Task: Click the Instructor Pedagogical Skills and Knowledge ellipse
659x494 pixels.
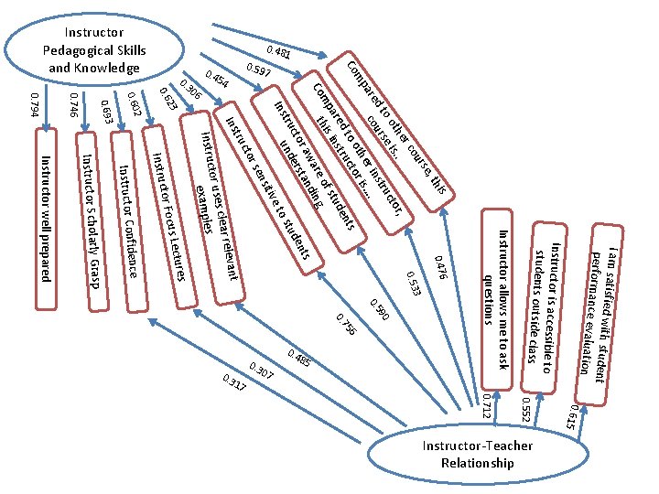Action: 94,49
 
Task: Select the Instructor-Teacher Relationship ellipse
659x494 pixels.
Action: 478,454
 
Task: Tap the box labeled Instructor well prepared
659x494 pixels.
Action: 46,219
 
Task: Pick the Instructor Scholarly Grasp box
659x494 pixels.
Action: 92,221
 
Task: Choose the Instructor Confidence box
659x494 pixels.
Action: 129,221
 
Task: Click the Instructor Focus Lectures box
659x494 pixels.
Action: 169,217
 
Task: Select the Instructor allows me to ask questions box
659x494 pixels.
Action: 497,299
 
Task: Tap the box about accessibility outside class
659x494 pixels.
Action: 544,308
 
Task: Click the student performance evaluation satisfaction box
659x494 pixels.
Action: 599,315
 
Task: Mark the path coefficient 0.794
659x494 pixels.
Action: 35,105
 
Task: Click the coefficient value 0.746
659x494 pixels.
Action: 74,104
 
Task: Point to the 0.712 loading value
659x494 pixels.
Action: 486,406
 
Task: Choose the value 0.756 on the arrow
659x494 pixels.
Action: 347,324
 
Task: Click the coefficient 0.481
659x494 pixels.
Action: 278,52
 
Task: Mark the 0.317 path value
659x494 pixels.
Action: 233,382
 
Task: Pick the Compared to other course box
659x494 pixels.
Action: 391,132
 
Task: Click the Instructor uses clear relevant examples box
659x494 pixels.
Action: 211,208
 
